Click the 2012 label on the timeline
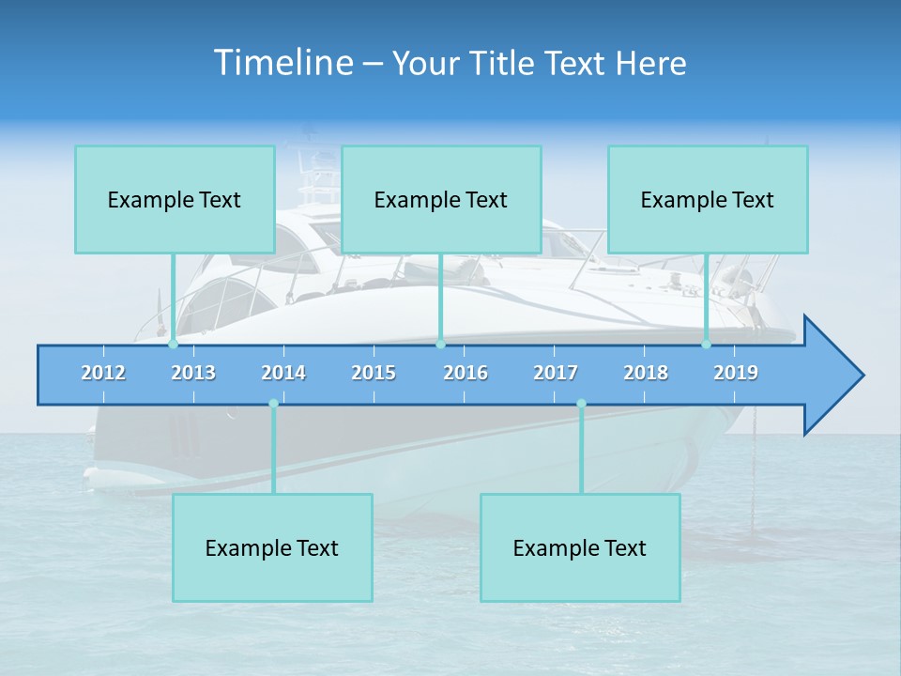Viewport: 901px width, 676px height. coord(103,373)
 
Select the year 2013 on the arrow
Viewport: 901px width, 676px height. coord(193,373)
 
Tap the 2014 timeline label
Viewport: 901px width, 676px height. coord(283,373)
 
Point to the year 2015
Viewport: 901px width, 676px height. coord(374,373)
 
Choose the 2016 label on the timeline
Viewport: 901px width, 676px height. coord(466,373)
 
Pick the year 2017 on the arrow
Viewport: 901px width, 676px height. coord(556,373)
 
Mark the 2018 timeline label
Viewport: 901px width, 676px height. coord(646,373)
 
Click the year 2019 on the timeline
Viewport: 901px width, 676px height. coord(736,373)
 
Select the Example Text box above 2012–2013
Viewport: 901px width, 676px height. coord(175,199)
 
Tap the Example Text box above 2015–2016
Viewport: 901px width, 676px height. coord(441,199)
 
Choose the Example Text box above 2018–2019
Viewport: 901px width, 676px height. coord(708,199)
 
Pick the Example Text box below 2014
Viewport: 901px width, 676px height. coord(272,547)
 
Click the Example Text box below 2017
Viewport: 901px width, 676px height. coord(580,547)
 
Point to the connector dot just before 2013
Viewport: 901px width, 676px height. coord(173,345)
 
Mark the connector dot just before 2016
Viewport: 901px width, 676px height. coord(440,345)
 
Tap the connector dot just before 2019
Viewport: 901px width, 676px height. coord(706,345)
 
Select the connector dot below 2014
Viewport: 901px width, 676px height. coord(273,404)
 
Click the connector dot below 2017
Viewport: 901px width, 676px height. coord(581,404)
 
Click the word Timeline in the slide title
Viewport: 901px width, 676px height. coord(283,62)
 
